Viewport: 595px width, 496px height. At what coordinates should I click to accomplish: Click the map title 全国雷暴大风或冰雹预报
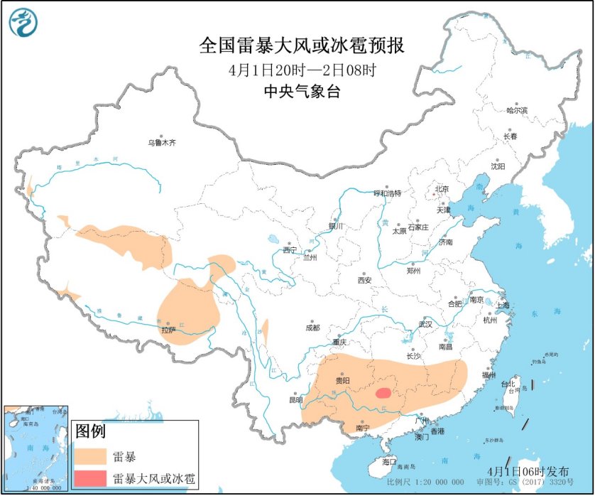[302, 46]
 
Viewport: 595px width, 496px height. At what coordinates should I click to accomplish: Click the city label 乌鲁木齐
[161, 142]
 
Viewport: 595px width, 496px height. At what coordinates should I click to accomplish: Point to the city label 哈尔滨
[517, 110]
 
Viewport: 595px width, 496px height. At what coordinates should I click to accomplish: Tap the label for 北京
[442, 188]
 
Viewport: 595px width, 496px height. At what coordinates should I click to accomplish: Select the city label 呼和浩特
[388, 193]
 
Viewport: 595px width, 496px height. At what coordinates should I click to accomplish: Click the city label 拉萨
[168, 330]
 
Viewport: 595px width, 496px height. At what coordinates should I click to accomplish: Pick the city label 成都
[312, 328]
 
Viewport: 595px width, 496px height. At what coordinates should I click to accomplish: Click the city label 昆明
[295, 400]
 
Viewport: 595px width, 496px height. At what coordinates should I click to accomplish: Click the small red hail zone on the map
[383, 392]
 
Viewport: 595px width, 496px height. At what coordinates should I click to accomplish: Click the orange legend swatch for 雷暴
[91, 455]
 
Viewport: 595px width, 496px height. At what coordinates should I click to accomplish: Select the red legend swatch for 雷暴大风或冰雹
[91, 478]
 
